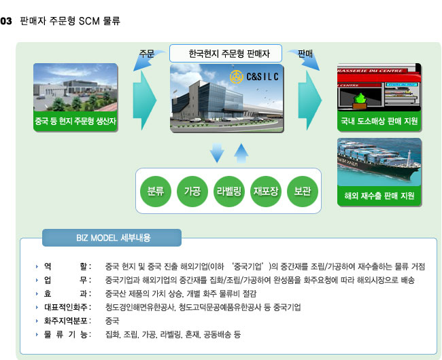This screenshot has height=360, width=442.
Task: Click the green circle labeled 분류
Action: pos(155,192)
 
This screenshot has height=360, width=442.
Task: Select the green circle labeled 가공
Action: pos(192,192)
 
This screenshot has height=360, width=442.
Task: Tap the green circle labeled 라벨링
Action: pos(229,192)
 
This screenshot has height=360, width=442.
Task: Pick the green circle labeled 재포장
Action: pos(265,192)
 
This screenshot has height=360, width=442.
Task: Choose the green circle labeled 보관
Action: pos(303,192)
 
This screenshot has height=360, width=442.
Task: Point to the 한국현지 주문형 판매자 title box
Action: pos(226,53)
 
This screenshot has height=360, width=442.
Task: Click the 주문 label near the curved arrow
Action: pos(147,54)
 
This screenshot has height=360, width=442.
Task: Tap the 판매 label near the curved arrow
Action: pos(305,54)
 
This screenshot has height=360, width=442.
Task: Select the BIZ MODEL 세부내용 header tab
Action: pos(112,238)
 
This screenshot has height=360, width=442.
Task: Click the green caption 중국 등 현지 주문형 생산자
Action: pos(75,122)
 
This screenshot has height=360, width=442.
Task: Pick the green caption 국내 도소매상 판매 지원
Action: pos(379,122)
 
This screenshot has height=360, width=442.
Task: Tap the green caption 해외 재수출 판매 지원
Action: pos(379,196)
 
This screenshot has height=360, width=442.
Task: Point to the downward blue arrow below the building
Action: pos(217,153)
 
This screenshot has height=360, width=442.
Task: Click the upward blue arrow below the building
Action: pos(241,153)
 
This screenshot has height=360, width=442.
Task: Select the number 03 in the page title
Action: pos(6,21)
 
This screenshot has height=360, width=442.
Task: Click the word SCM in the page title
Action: pos(89,21)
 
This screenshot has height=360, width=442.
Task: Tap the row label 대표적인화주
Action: pos(66,307)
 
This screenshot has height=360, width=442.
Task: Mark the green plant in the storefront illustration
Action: pos(360,99)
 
